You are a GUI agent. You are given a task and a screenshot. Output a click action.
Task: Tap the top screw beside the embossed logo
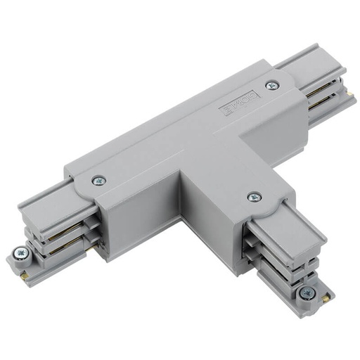[271, 85]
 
